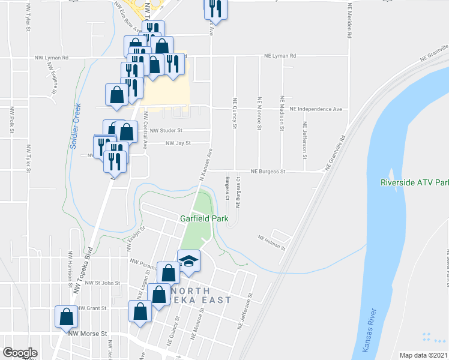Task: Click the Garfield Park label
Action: click(204, 219)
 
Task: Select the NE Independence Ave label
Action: click(315, 109)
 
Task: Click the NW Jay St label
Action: click(178, 143)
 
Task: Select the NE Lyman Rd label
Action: click(281, 56)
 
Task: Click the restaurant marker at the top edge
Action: click(214, 8)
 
